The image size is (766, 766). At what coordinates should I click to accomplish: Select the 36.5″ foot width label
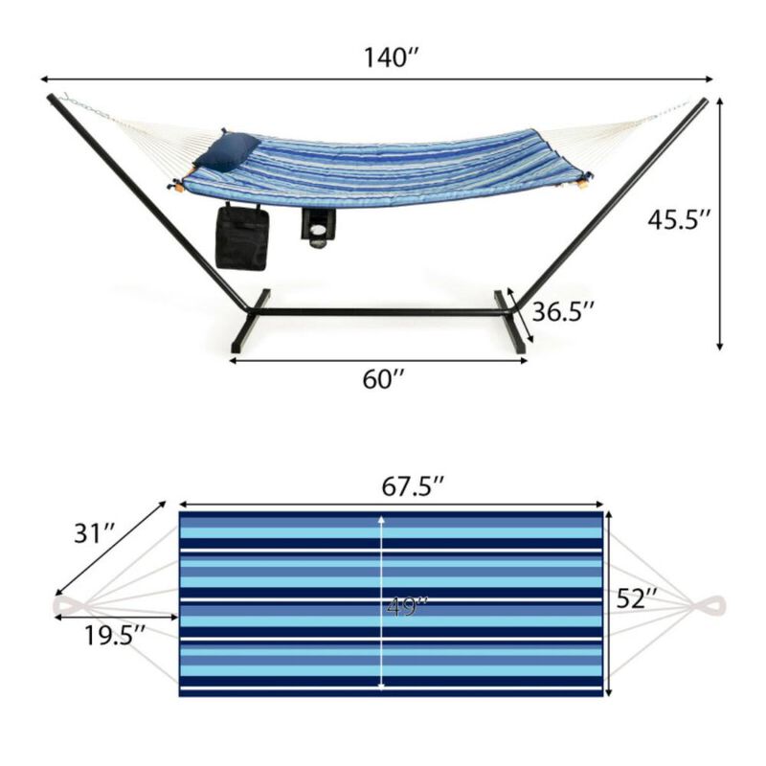pos(564,311)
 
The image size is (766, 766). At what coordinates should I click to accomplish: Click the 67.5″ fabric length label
pos(410,486)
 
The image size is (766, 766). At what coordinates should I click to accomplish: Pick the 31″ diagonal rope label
pos(96,532)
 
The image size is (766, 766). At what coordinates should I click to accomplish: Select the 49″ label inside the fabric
pos(407,606)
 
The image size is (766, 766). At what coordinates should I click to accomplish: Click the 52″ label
pos(637,599)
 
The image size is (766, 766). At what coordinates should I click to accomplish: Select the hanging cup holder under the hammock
pos(318,227)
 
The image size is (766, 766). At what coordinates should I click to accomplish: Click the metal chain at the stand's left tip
pos(81,105)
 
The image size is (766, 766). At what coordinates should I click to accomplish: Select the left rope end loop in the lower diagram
pos(69,606)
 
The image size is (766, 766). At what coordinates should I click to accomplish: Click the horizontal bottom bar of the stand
pos(378,312)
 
